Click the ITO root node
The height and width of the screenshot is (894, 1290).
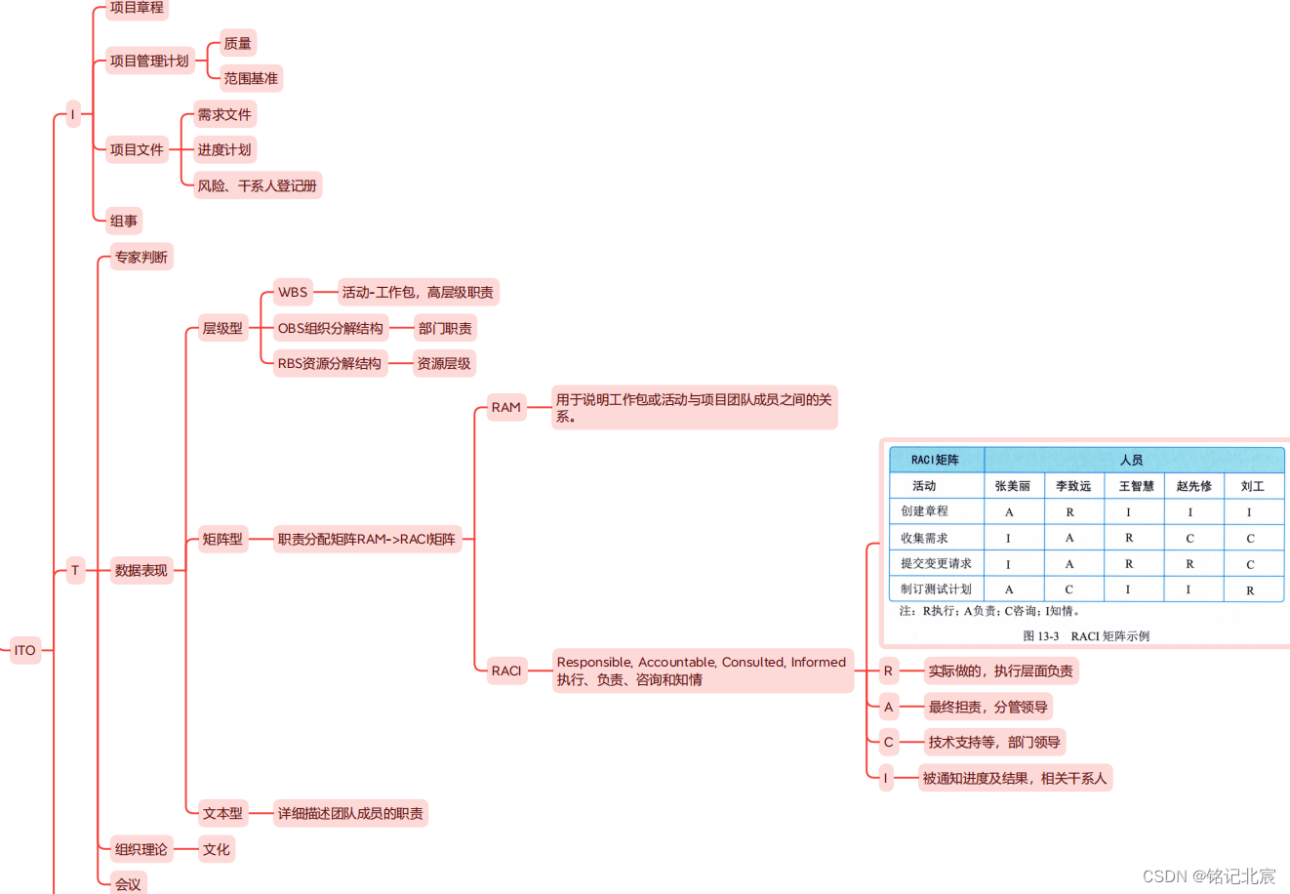(25, 650)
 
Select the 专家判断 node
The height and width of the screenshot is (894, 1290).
(141, 258)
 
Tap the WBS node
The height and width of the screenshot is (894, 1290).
(293, 292)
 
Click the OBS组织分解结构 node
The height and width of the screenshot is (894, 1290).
(330, 328)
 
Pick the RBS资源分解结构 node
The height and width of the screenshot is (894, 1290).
(329, 364)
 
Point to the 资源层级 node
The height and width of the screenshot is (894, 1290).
(444, 364)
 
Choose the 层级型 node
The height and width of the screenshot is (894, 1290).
(222, 328)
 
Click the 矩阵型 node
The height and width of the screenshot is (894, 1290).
(222, 539)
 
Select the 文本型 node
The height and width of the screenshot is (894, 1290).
(222, 813)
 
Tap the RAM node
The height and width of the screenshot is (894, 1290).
(505, 407)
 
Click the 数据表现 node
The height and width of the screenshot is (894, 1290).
(141, 571)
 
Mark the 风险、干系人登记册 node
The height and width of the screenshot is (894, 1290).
(258, 185)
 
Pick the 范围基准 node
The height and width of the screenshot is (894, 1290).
(251, 78)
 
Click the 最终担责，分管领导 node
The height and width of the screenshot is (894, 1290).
(988, 707)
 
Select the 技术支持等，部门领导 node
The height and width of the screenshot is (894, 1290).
(993, 742)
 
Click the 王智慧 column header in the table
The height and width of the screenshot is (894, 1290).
(1136, 486)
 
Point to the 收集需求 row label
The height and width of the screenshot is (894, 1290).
(924, 538)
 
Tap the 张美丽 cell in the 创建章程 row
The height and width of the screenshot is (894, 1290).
(1009, 512)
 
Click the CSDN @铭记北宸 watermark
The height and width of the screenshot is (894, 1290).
(1209, 875)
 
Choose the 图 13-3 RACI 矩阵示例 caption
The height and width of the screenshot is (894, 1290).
(1086, 636)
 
